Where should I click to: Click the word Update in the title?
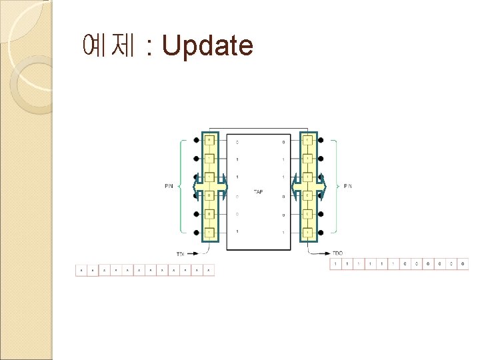pyautogui.click(x=207, y=46)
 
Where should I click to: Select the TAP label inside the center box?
pyautogui.click(x=259, y=192)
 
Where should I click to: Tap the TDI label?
pyautogui.click(x=181, y=254)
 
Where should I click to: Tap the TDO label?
pyautogui.click(x=338, y=254)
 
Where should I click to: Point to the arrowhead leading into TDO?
pyautogui.click(x=326, y=254)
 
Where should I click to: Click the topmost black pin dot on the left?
pyautogui.click(x=196, y=140)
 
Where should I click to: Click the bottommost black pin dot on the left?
pyautogui.click(x=196, y=233)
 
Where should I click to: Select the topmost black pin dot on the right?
pyautogui.click(x=321, y=140)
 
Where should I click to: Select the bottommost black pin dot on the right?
pyautogui.click(x=321, y=233)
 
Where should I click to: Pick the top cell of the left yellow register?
pyautogui.click(x=209, y=140)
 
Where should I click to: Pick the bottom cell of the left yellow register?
pyautogui.click(x=209, y=233)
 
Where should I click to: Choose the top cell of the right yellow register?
pyautogui.click(x=308, y=140)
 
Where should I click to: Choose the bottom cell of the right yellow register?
pyautogui.click(x=308, y=233)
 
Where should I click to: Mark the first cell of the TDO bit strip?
pyautogui.click(x=336, y=265)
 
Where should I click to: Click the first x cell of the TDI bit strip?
pyautogui.click(x=81, y=271)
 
